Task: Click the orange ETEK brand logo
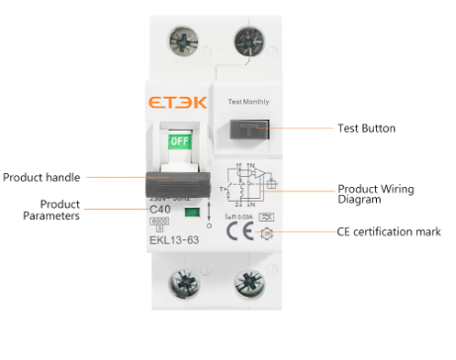(x=179, y=102)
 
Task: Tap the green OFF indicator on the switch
(x=180, y=141)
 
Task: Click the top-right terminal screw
(x=245, y=41)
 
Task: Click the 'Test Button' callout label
(x=367, y=129)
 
